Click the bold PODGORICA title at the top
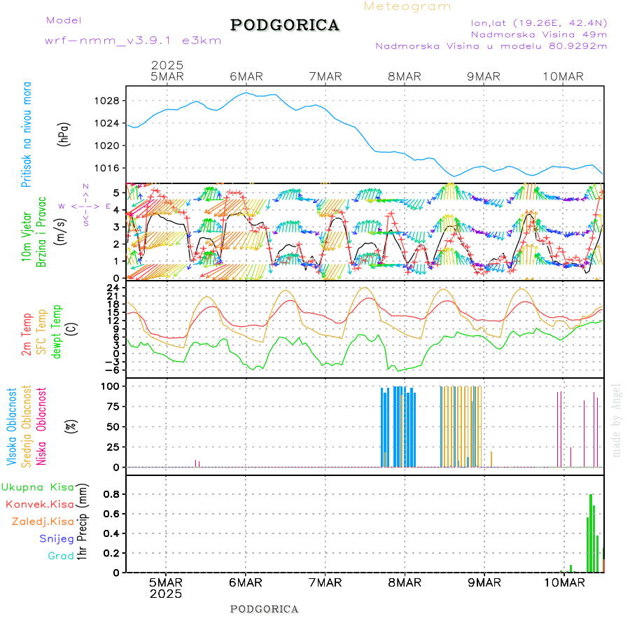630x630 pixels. point(285,25)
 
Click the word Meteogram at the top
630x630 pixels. point(407,6)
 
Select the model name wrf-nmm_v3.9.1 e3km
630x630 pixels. point(133,41)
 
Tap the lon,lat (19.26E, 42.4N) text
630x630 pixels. point(538,22)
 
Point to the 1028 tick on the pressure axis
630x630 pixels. point(106,101)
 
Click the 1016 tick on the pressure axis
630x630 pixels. point(106,168)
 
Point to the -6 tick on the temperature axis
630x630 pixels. point(110,370)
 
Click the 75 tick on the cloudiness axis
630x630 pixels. point(111,406)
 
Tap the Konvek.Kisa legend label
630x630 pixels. point(39,504)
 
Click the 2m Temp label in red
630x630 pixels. point(27,335)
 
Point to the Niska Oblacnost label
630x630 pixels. point(42,427)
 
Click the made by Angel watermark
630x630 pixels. point(617,420)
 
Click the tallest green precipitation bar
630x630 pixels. point(591,532)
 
